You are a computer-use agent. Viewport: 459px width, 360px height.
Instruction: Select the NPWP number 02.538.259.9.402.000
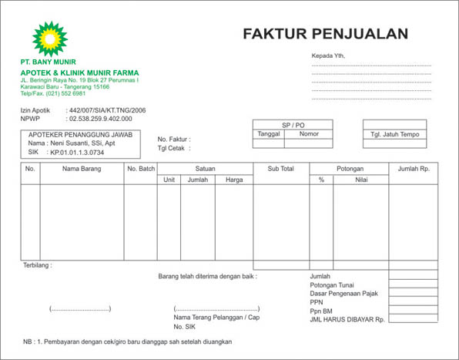[x=100, y=119]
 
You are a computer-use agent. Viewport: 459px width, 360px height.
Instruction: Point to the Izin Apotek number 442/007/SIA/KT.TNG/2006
[x=107, y=111]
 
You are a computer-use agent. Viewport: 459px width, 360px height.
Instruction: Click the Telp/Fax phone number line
[x=53, y=93]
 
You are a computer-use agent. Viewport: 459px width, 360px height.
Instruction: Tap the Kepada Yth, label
[x=328, y=56]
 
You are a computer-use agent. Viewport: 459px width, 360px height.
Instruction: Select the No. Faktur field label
[x=173, y=138]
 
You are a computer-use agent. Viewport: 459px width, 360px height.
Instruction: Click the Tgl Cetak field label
[x=173, y=148]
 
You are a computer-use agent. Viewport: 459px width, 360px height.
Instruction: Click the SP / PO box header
[x=293, y=124]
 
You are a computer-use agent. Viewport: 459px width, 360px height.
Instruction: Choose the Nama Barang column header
[x=82, y=168]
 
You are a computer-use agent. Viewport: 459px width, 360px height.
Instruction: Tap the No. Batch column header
[x=141, y=168]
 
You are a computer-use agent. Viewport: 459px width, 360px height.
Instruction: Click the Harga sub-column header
[x=234, y=180]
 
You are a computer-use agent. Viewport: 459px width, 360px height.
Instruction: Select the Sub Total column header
[x=281, y=168]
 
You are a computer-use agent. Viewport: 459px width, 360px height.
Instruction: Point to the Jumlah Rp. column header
[x=414, y=168]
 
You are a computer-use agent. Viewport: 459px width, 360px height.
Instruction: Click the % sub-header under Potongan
[x=321, y=180]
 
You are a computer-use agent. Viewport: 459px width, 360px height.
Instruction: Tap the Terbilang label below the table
[x=38, y=265]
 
